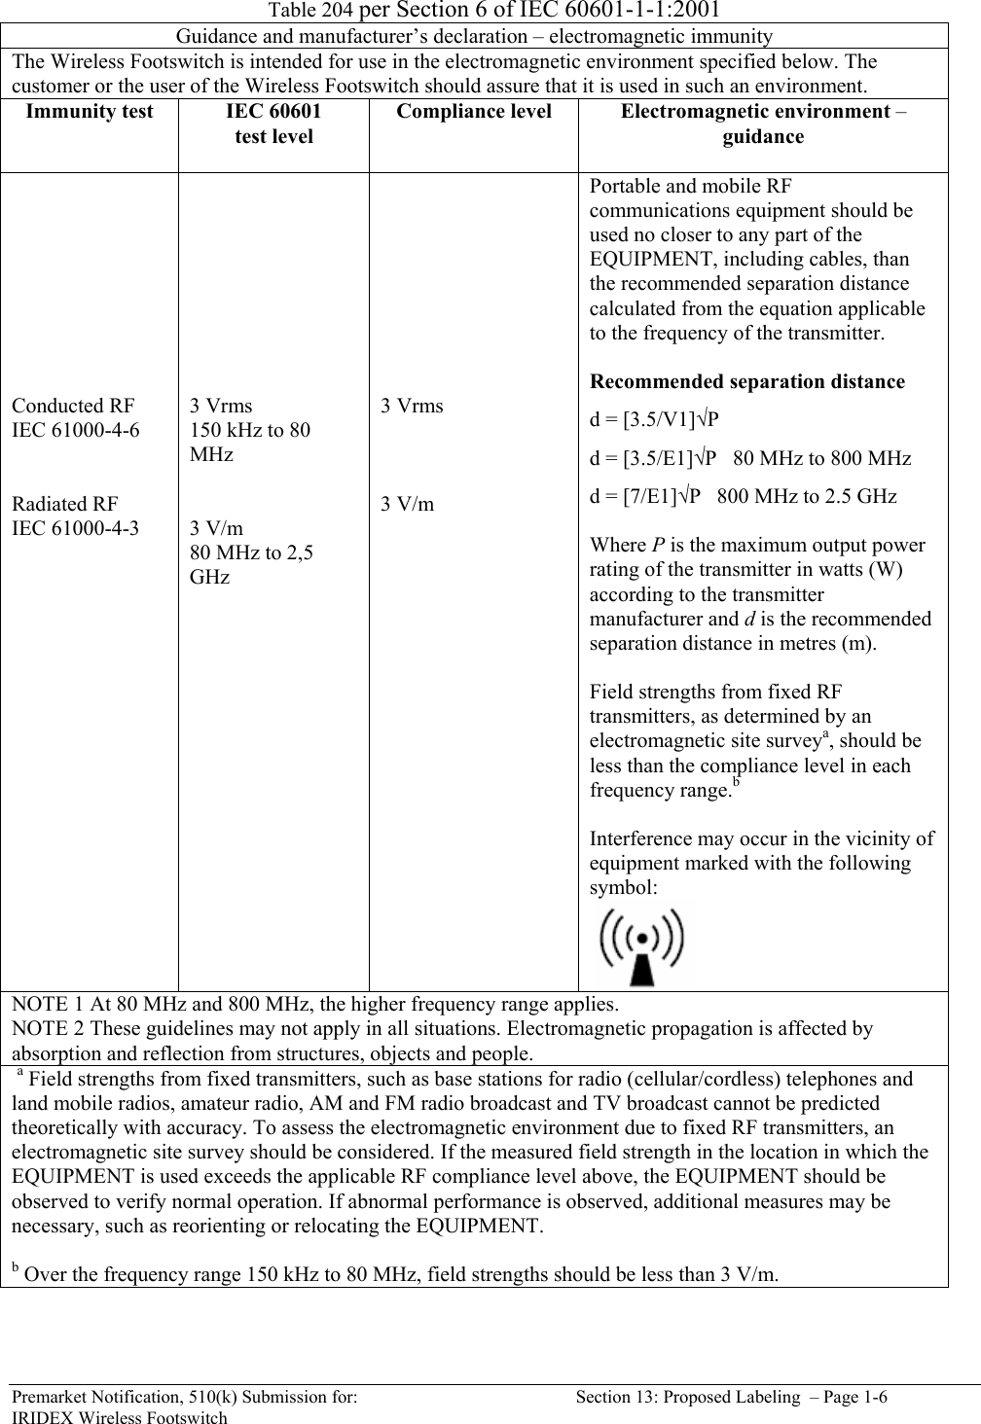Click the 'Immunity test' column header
[x=90, y=112]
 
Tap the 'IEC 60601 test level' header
[x=273, y=124]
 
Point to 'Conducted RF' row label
[x=73, y=406]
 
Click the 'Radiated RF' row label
[x=65, y=504]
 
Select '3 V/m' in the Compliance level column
[x=408, y=504]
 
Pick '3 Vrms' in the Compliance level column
[x=412, y=406]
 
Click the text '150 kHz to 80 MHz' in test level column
[x=250, y=442]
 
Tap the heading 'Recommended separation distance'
[x=747, y=381]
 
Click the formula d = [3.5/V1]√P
[x=654, y=420]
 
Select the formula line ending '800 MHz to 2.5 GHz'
[x=744, y=495]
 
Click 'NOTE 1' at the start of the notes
[x=44, y=1005]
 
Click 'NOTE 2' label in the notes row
[x=44, y=1029]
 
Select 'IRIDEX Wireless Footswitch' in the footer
[x=119, y=1417]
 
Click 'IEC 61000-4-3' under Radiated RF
[x=75, y=528]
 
